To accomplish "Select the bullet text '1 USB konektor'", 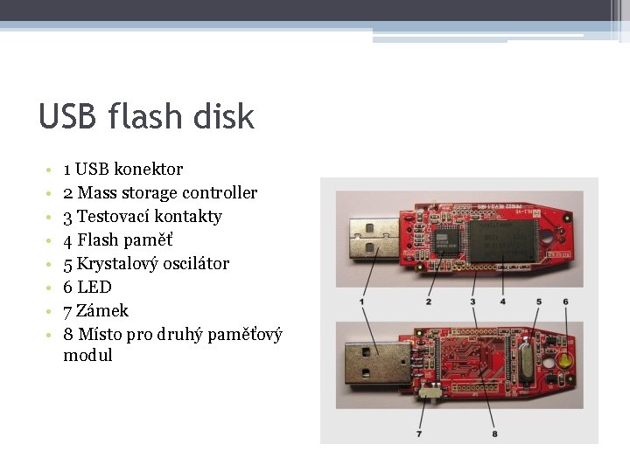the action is point(123,169).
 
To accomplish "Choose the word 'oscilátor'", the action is point(192,263).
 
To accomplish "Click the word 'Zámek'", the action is point(102,310).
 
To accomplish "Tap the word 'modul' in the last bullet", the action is point(87,355).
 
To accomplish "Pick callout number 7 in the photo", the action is point(419,433).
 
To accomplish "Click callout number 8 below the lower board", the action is point(494,433).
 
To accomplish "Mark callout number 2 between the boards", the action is point(428,302).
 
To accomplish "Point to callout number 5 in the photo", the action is point(539,302).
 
